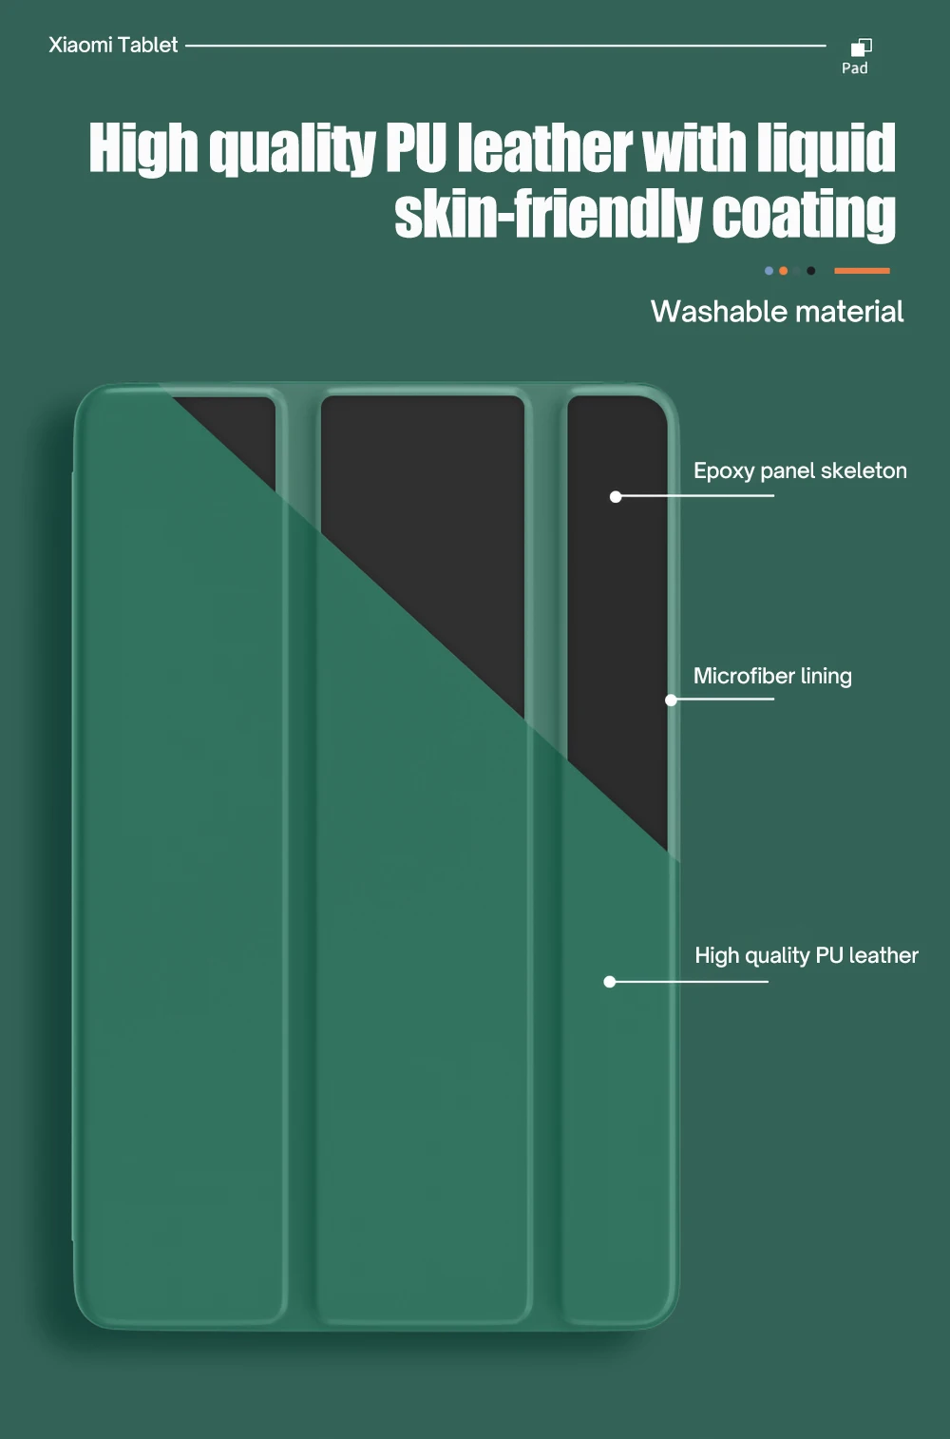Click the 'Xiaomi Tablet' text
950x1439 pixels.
click(x=113, y=45)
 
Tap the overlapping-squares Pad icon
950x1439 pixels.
click(x=862, y=47)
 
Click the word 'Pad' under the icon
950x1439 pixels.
click(x=854, y=68)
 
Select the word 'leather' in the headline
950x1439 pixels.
click(x=544, y=149)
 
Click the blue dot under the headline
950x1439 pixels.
click(x=769, y=271)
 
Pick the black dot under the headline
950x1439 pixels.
click(x=810, y=271)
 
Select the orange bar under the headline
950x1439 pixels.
click(x=862, y=271)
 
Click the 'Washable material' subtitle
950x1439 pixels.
click(x=777, y=312)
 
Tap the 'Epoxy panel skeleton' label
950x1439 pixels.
click(x=800, y=470)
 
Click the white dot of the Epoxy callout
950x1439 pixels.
click(x=616, y=496)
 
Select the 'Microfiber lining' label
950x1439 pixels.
click(x=772, y=676)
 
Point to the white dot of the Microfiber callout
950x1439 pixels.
click(x=671, y=700)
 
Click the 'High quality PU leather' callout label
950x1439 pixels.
click(x=807, y=955)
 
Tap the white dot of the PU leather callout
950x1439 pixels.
click(x=610, y=981)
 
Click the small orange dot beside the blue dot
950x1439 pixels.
click(x=783, y=271)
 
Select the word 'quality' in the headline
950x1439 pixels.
click(x=292, y=149)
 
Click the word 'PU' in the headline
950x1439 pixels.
click(x=415, y=149)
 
